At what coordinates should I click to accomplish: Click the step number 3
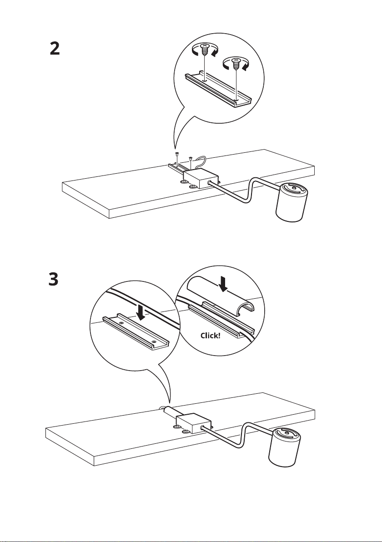coord(54,279)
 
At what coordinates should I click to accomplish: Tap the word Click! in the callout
coord(210,335)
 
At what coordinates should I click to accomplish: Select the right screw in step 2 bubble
coord(236,64)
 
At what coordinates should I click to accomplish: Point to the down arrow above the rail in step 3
coord(141,312)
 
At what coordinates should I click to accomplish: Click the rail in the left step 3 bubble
coord(136,332)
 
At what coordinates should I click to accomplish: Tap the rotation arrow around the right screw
coord(236,65)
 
